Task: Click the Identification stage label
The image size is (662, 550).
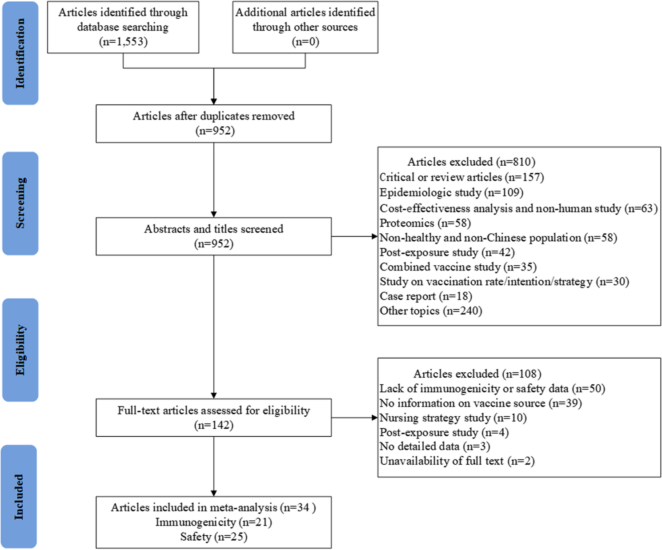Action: [20, 53]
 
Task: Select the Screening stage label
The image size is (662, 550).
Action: [20, 203]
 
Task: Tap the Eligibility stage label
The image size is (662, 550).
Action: [20, 350]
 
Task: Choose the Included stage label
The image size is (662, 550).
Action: [20, 496]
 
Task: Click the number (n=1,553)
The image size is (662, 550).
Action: [123, 42]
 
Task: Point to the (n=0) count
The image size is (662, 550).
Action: [305, 42]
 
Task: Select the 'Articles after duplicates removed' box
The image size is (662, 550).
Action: [214, 124]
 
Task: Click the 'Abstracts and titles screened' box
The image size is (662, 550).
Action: [214, 236]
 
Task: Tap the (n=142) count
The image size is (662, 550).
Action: [214, 425]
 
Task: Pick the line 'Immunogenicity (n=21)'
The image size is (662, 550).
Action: [214, 522]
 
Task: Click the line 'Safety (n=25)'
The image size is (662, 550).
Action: [214, 537]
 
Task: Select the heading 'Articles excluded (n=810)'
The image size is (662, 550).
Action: [471, 162]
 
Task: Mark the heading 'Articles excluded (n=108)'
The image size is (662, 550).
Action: [477, 374]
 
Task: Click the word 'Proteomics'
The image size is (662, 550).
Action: [407, 223]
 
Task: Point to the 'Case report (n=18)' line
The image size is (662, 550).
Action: [426, 296]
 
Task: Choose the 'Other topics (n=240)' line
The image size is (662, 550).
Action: [431, 311]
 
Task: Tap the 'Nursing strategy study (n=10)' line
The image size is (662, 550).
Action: [453, 418]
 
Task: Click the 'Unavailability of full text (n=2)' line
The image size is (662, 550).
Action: [457, 461]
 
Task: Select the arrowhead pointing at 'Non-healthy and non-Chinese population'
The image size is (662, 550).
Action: [375, 236]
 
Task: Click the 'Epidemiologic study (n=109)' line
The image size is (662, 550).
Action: [451, 193]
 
